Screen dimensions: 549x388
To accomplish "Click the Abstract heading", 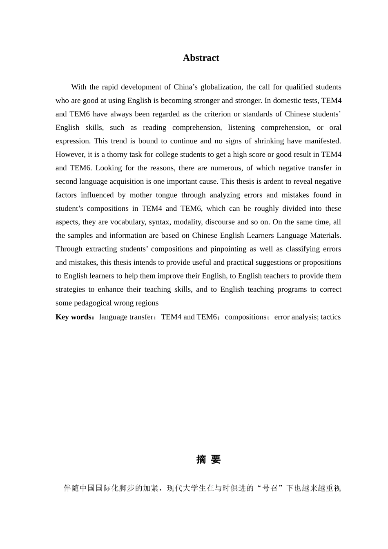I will [201, 58].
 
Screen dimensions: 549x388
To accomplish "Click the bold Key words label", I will [74, 317].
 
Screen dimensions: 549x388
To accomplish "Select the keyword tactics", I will [330, 317].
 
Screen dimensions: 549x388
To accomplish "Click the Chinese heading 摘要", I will [208, 460].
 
